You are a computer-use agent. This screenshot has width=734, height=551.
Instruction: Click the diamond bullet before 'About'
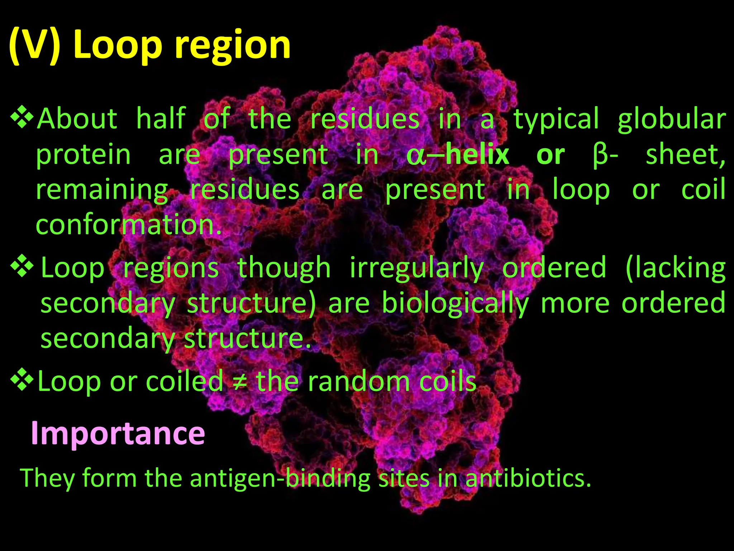click(22, 118)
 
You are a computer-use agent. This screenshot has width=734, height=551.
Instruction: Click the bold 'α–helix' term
click(458, 155)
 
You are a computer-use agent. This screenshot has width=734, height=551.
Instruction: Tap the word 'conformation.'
click(129, 225)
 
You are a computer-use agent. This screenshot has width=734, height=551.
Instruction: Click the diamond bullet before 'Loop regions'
click(22, 267)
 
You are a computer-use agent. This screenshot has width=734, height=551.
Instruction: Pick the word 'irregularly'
click(416, 268)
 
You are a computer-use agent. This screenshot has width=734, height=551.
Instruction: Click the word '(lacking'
click(675, 268)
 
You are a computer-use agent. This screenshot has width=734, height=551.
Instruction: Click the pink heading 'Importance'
click(118, 433)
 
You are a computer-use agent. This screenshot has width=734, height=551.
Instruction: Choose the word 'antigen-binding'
click(280, 479)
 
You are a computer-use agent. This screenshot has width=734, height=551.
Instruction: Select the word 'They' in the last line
click(47, 479)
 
